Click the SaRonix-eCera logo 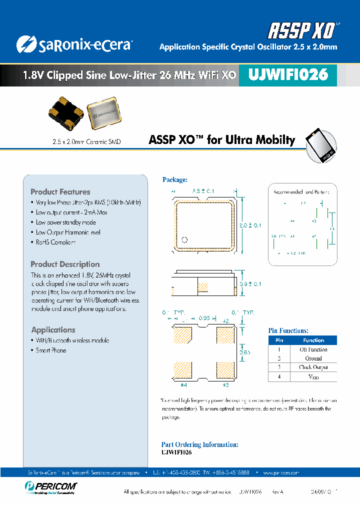(x=73, y=44)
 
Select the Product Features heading (x=60, y=192)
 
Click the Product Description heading (x=65, y=264)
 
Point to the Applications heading (x=53, y=330)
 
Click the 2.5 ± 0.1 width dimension (x=203, y=191)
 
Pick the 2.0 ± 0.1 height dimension (x=250, y=225)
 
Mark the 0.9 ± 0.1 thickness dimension (x=250, y=284)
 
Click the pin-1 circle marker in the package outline (x=184, y=239)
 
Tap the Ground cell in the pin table (x=313, y=358)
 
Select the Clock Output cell (x=313, y=367)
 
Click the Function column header (x=313, y=340)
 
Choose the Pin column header (x=279, y=340)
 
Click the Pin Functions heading (x=288, y=330)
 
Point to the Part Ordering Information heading (x=199, y=444)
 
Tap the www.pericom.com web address (x=280, y=472)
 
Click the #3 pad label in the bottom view (x=225, y=384)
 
